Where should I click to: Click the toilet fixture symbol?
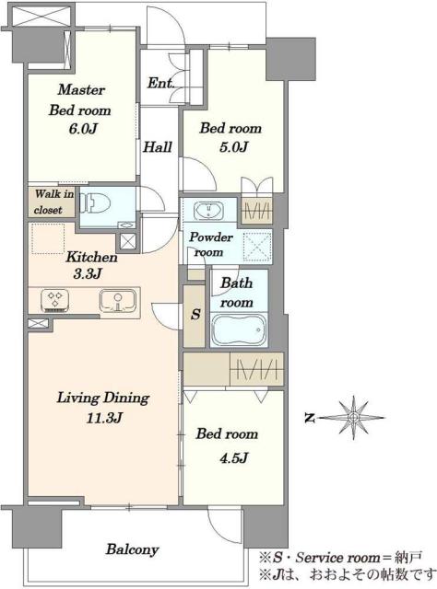coord(95,204)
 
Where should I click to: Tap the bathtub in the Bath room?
coord(239,329)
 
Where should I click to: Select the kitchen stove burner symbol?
coord(55,301)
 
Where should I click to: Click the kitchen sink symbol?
coord(117,301)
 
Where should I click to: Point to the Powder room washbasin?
coord(208,211)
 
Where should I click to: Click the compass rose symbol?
coord(353,418)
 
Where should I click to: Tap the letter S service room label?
coord(195,314)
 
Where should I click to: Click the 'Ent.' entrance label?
coord(160,83)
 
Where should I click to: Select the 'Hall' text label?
coord(158,147)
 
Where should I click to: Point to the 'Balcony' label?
coord(132,549)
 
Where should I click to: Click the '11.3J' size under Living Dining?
coord(104,418)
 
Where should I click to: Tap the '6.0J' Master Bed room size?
coord(83,129)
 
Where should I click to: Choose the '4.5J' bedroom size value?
coord(233,458)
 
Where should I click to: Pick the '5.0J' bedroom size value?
coord(233,147)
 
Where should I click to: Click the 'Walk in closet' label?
coord(53,202)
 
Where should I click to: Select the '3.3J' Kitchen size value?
coord(88,274)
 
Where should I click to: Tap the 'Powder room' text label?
coord(211,245)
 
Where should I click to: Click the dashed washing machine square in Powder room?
coord(257,247)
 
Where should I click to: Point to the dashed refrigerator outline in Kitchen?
coord(48,239)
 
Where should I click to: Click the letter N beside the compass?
coord(310,418)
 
